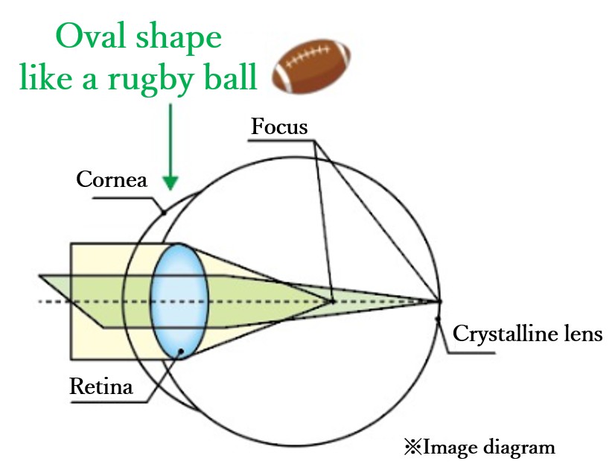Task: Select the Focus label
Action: (x=279, y=127)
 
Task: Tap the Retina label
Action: (x=101, y=387)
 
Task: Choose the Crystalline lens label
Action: (x=527, y=333)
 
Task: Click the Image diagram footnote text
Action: (x=489, y=448)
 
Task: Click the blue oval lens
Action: (x=179, y=300)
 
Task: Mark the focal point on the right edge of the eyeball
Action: (x=439, y=301)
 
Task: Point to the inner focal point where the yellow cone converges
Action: (x=333, y=301)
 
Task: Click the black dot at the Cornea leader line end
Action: (x=163, y=213)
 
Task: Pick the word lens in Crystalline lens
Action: (x=580, y=333)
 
